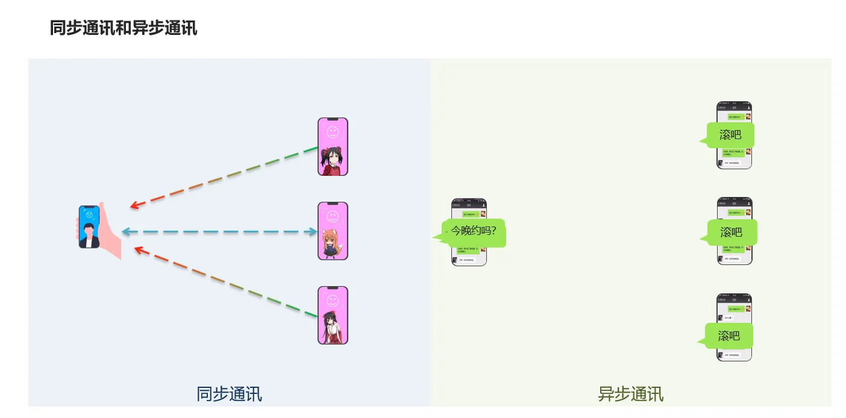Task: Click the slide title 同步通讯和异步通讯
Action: click(124, 28)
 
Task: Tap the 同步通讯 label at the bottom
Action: click(229, 394)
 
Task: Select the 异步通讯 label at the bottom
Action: click(630, 394)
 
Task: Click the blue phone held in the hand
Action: click(89, 227)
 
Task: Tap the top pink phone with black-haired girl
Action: click(333, 147)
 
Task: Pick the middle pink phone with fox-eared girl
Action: click(333, 231)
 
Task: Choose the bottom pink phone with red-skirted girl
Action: click(333, 316)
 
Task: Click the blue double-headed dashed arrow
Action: click(219, 232)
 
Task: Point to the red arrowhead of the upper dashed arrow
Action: click(135, 206)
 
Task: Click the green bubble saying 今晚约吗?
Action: click(474, 231)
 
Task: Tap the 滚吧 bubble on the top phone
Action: click(730, 135)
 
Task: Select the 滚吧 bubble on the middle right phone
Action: click(731, 232)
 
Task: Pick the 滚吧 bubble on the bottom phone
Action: click(728, 336)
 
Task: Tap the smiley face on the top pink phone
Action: click(333, 131)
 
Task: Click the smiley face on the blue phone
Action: click(89, 214)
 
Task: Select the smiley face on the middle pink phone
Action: click(333, 216)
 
